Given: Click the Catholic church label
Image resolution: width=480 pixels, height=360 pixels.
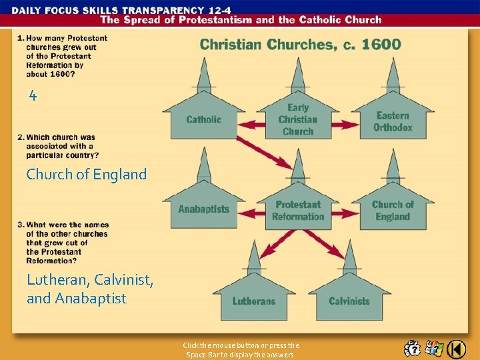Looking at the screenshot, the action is click(x=203, y=120).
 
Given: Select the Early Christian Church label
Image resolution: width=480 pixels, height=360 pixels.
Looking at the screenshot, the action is click(x=298, y=119).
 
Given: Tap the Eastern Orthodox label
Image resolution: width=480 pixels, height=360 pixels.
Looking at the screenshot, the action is click(x=393, y=121).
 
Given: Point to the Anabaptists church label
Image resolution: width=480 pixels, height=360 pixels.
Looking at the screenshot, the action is click(x=203, y=209).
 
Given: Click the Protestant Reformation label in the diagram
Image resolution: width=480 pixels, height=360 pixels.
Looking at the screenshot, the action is click(x=298, y=210).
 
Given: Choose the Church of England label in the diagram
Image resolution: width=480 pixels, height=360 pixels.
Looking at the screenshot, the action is click(x=393, y=210).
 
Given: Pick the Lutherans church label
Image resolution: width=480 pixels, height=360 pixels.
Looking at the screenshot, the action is click(x=254, y=301).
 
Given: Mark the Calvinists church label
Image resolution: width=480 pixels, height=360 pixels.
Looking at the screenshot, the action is click(x=349, y=301).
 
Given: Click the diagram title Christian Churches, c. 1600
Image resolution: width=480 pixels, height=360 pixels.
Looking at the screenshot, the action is click(x=301, y=45).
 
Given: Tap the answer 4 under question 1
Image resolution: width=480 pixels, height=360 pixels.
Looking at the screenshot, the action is click(x=33, y=95).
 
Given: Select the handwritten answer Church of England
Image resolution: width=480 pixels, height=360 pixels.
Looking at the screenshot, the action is click(x=86, y=175).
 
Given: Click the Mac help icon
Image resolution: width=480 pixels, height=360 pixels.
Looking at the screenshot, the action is click(x=413, y=349).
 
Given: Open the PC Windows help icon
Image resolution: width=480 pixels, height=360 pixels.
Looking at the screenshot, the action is click(x=435, y=349).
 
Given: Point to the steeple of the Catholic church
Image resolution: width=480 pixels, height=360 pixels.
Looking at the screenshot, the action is click(x=203, y=75).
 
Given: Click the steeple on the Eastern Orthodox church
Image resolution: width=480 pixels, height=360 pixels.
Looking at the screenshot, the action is click(x=393, y=75).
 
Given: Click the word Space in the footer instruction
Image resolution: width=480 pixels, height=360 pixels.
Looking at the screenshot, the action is click(x=196, y=355).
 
